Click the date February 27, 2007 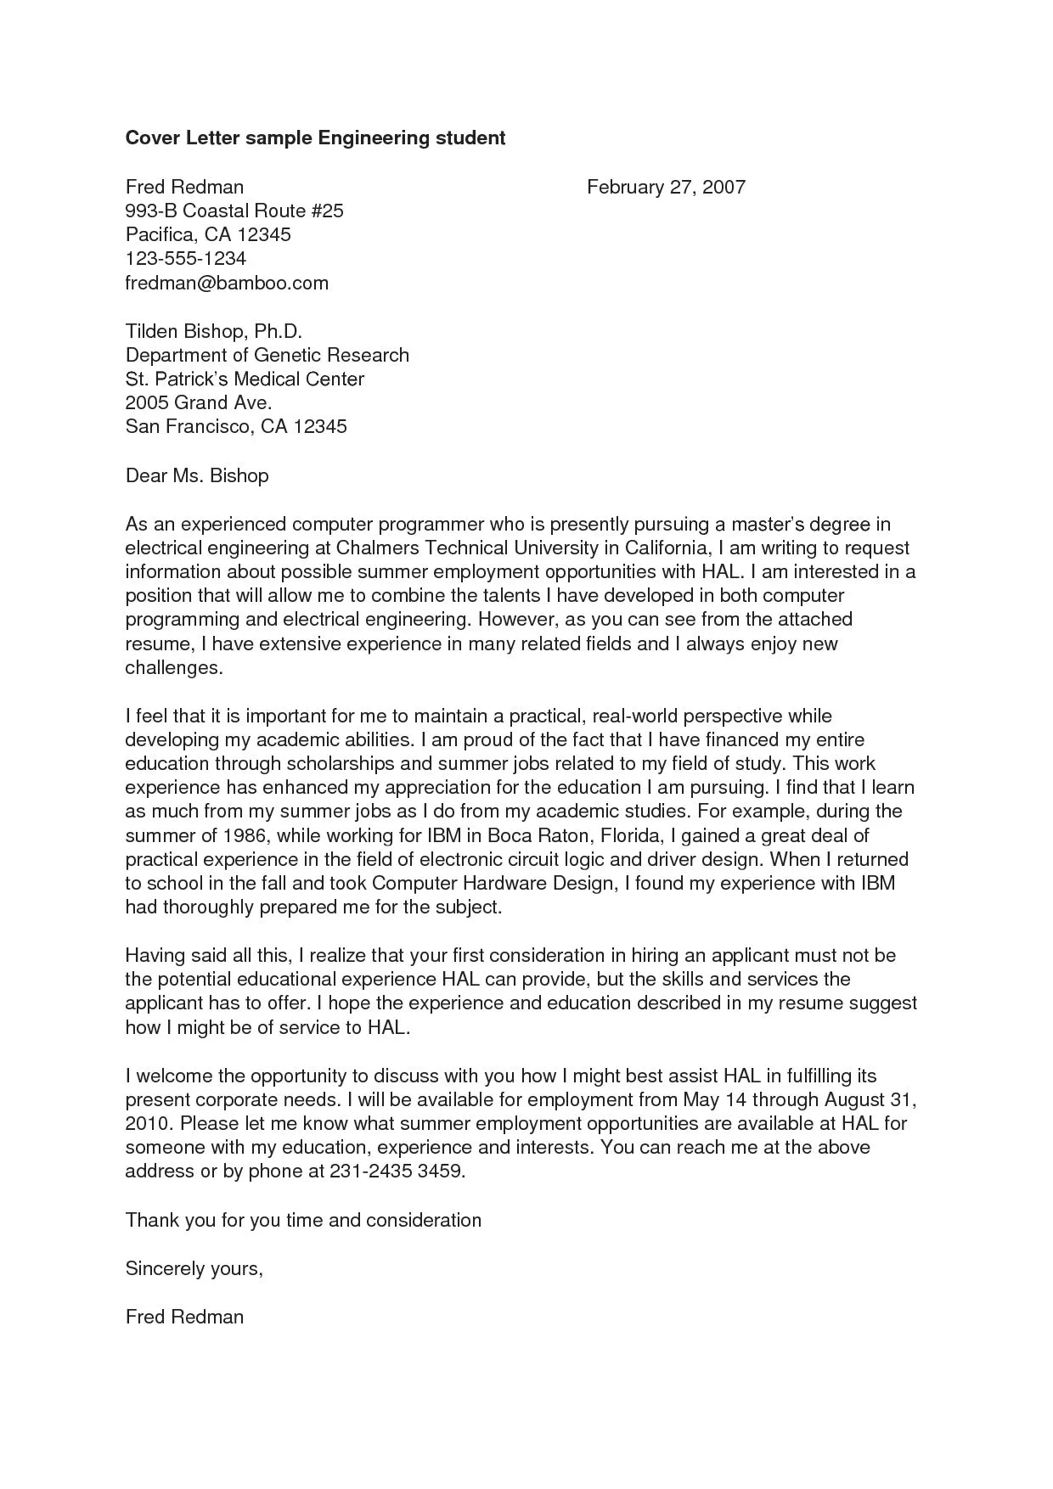coord(666,187)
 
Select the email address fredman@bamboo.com coord(227,283)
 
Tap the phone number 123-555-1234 coord(186,259)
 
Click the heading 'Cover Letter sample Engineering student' coord(315,138)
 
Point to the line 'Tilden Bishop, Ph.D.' coord(214,331)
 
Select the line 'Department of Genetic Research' coord(267,355)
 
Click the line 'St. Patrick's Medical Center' coord(245,379)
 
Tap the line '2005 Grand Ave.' coord(199,402)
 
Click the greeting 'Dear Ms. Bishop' coord(197,475)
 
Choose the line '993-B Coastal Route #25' coord(234,211)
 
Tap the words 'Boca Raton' coord(538,835)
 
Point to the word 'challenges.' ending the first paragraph coord(174,668)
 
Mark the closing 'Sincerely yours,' coord(194,1268)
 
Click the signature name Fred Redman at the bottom coord(184,1317)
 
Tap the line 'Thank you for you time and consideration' coord(303,1220)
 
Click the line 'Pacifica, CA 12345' coord(208,234)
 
